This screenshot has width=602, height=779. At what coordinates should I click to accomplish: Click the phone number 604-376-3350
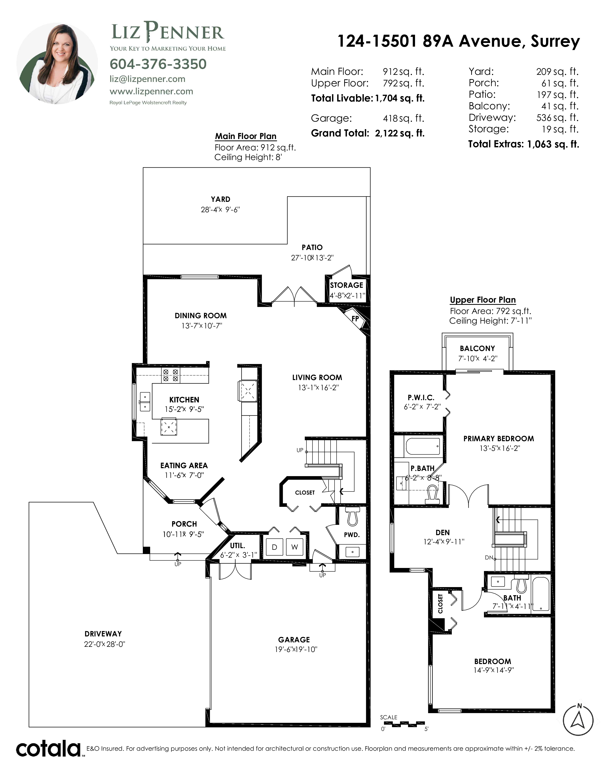[x=158, y=64]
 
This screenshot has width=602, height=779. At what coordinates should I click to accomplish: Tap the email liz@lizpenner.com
[x=147, y=79]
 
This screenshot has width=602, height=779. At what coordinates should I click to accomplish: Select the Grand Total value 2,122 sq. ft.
[x=400, y=133]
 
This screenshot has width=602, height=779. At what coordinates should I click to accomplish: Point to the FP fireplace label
[x=355, y=318]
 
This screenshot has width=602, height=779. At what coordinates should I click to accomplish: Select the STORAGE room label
[x=346, y=285]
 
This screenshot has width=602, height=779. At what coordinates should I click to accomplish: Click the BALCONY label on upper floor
[x=477, y=348]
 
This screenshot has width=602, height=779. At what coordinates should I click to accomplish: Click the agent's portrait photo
[x=57, y=64]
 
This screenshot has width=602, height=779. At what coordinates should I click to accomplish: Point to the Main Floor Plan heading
[x=246, y=136]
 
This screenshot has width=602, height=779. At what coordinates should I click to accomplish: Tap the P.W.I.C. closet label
[x=421, y=397]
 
